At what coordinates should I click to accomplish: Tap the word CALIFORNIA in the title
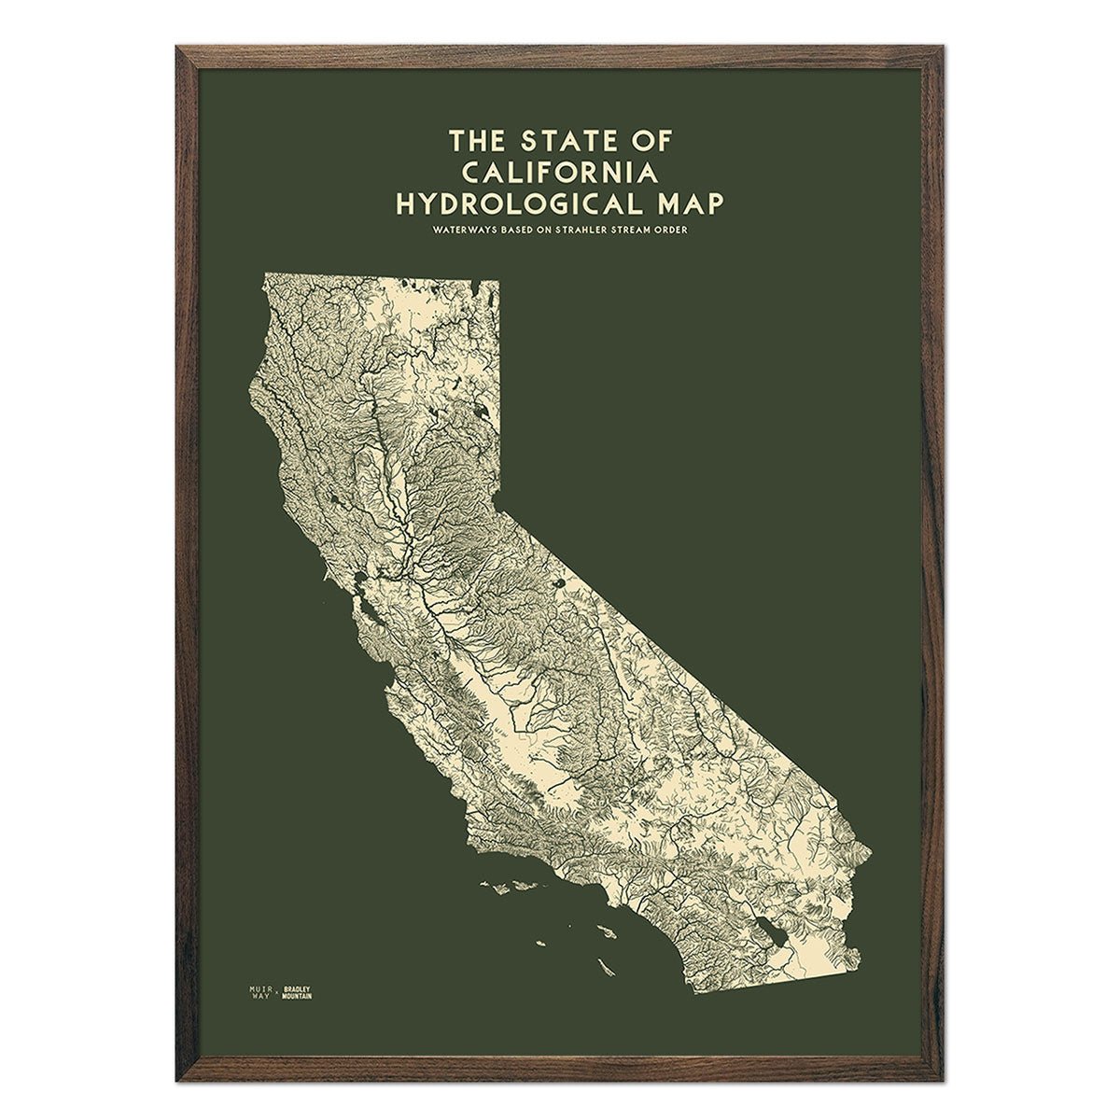pyautogui.click(x=559, y=172)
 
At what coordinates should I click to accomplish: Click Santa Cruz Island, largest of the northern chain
pyautogui.click(x=509, y=883)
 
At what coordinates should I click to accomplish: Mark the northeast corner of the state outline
pyautogui.click(x=497, y=280)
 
